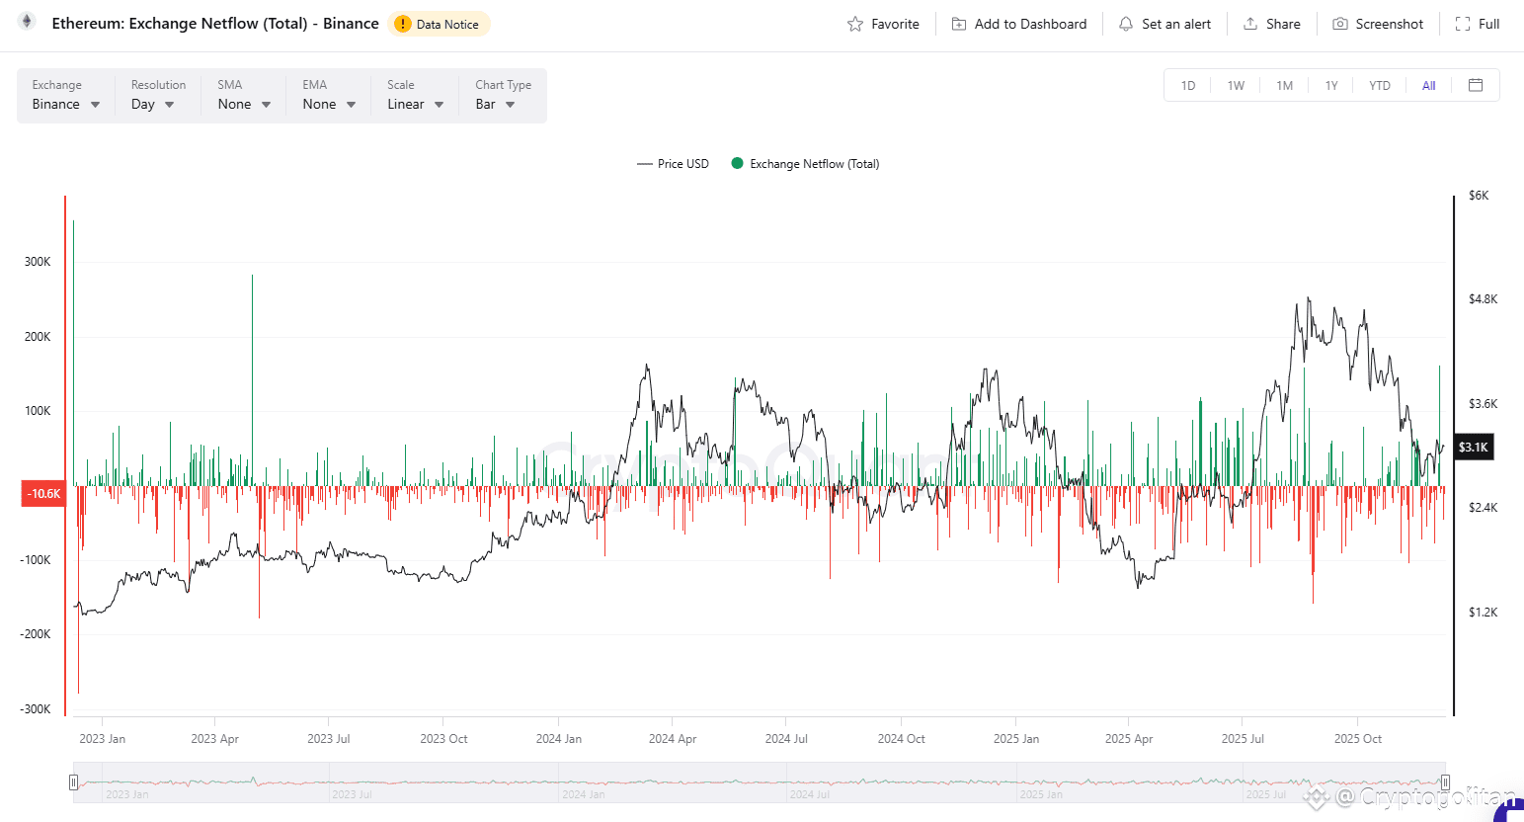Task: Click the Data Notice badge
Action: tap(439, 24)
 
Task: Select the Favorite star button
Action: tap(883, 24)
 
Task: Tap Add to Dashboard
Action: tap(1018, 24)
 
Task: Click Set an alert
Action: tap(1164, 24)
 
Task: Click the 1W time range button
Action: tap(1236, 85)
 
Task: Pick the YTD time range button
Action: tap(1379, 85)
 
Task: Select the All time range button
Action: tap(1428, 85)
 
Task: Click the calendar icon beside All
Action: tap(1476, 85)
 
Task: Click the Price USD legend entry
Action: tap(674, 164)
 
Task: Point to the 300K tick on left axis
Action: tap(38, 262)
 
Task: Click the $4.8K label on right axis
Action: tap(1483, 299)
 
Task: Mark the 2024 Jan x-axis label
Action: tap(559, 739)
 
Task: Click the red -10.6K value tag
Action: tap(43, 493)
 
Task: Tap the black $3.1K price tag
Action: tap(1473, 448)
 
